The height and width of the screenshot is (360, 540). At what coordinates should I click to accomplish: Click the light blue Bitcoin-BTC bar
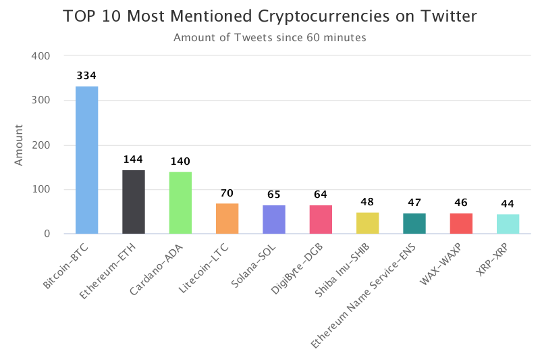click(x=86, y=160)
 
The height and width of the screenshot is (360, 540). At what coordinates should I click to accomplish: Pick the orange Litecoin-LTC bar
click(x=227, y=218)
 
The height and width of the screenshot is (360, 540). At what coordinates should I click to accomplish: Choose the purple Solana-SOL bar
click(x=274, y=220)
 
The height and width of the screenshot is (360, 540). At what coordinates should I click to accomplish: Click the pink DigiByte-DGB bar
click(x=321, y=220)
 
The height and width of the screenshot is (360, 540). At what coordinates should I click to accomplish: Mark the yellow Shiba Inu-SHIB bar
click(x=368, y=223)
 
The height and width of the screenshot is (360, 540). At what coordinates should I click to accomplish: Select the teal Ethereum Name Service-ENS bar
click(x=414, y=224)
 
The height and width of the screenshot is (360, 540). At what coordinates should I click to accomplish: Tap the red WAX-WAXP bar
click(x=461, y=224)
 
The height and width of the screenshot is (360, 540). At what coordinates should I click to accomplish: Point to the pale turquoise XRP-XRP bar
click(x=508, y=224)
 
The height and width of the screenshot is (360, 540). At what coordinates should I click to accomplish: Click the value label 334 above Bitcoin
click(x=86, y=76)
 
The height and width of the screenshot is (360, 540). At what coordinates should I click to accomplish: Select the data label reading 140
click(x=180, y=161)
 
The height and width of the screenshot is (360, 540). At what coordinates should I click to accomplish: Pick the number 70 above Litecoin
click(x=227, y=193)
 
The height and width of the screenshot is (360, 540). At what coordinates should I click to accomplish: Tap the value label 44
click(x=508, y=204)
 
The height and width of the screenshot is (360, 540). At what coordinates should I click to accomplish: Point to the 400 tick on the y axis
click(x=42, y=56)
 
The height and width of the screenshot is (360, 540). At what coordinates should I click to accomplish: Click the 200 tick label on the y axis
click(x=42, y=145)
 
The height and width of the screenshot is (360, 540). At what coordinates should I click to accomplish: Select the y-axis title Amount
click(x=19, y=145)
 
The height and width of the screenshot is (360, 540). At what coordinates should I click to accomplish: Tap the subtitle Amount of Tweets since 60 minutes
click(x=270, y=38)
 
